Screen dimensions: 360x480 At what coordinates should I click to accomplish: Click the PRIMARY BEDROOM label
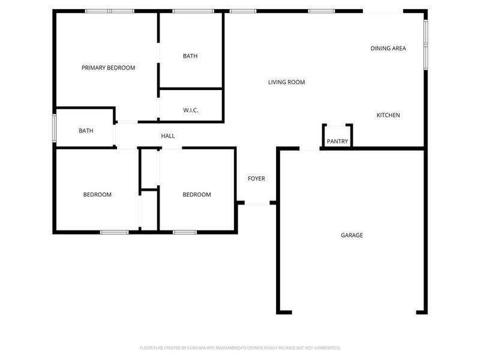pyautogui.click(x=108, y=68)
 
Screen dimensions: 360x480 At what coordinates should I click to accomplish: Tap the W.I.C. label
pyautogui.click(x=190, y=110)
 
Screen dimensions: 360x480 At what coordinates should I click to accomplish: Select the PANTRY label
pyautogui.click(x=337, y=142)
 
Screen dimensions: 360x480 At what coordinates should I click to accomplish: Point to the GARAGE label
pyautogui.click(x=352, y=235)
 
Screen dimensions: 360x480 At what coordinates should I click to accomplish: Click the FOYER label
pyautogui.click(x=256, y=178)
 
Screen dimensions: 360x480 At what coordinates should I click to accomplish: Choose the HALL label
pyautogui.click(x=168, y=136)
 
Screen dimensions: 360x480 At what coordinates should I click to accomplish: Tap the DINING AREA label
pyautogui.click(x=388, y=48)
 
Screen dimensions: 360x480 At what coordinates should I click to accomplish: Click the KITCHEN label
pyautogui.click(x=388, y=115)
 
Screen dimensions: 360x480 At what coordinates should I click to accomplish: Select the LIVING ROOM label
pyautogui.click(x=286, y=82)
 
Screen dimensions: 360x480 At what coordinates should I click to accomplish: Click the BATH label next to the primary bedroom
pyautogui.click(x=190, y=56)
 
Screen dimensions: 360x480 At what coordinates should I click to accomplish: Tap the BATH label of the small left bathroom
pyautogui.click(x=86, y=130)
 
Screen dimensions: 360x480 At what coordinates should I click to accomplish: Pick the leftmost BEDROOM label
pyautogui.click(x=97, y=194)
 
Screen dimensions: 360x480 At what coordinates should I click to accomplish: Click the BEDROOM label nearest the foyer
pyautogui.click(x=197, y=194)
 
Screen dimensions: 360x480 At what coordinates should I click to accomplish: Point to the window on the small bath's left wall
pyautogui.click(x=54, y=128)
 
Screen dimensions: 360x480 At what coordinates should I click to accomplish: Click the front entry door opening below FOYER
pyautogui.click(x=258, y=203)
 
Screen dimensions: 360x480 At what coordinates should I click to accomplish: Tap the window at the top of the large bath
pyautogui.click(x=193, y=11)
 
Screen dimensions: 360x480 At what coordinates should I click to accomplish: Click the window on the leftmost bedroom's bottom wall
pyautogui.click(x=114, y=232)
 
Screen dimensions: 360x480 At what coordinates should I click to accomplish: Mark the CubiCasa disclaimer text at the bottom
pyautogui.click(x=240, y=347)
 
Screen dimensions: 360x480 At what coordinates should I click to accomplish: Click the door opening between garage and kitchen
pyautogui.click(x=310, y=148)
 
